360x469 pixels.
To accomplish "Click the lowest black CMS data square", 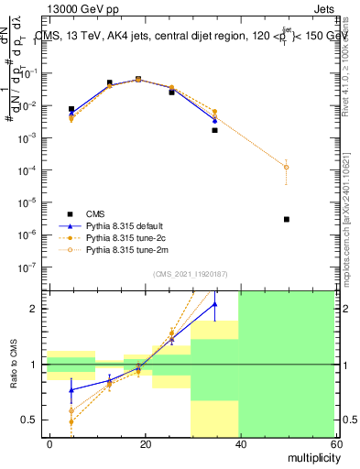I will [287, 219].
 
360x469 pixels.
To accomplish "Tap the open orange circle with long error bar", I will [287, 167].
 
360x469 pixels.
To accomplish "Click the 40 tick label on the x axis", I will [239, 443].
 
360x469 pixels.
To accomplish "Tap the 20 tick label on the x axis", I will [145, 443].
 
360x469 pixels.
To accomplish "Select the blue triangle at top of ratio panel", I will [214, 304].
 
